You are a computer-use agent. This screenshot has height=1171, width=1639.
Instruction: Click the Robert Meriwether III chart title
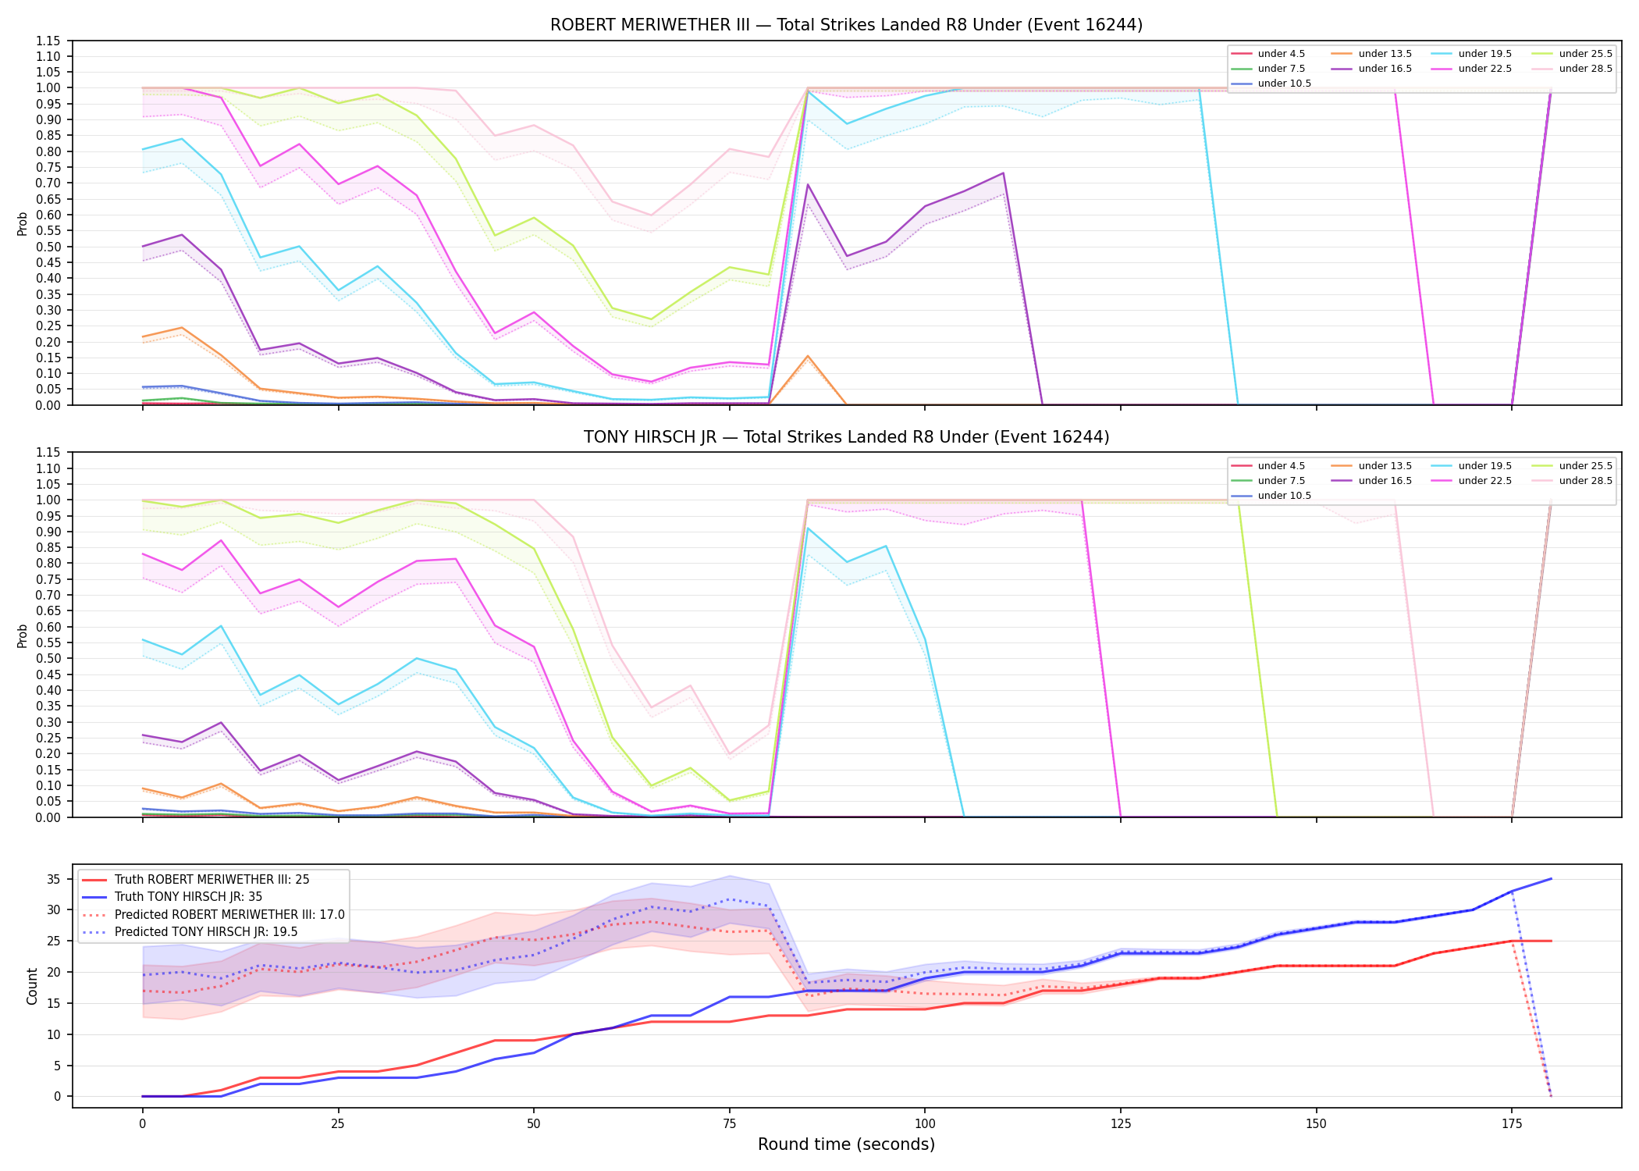846,25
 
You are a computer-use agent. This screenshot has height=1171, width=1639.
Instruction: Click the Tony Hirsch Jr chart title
846,437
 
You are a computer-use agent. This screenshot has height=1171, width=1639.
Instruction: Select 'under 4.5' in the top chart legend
1281,54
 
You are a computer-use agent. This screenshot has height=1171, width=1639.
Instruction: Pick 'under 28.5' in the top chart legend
1585,69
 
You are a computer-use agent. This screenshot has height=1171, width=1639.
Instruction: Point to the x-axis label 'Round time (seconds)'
846,1144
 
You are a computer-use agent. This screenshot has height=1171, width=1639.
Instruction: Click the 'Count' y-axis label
32,986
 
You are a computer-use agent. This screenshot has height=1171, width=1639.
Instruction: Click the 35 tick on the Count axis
54,879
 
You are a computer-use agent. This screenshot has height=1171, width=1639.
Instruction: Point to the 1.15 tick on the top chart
48,41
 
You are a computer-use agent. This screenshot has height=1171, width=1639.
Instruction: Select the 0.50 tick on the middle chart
48,658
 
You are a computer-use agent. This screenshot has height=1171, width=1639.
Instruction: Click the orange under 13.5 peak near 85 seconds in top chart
808,356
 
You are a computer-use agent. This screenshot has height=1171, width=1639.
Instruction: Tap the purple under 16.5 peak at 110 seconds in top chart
1003,173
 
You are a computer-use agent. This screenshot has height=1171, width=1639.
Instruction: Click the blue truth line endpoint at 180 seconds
1551,879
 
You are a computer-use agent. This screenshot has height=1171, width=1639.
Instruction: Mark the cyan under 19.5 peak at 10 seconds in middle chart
221,626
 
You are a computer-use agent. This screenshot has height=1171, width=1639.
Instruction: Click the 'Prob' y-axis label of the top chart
23,224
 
